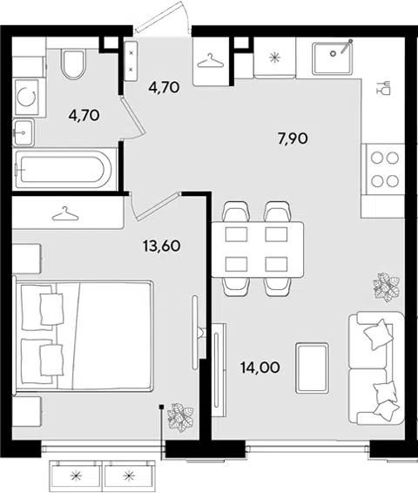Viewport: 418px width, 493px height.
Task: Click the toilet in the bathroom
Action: [x=74, y=64]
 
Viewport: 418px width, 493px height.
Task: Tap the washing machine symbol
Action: [x=27, y=97]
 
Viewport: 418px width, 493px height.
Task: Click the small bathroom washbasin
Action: [x=24, y=132]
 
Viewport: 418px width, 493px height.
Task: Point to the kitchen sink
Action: [x=332, y=58]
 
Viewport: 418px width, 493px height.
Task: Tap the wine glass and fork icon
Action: [x=383, y=87]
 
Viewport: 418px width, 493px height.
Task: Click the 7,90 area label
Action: [x=293, y=138]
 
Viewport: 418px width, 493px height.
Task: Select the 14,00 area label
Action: [x=260, y=368]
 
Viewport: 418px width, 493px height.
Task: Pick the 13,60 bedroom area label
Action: [x=162, y=246]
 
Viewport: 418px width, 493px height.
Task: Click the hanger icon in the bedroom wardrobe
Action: [x=65, y=213]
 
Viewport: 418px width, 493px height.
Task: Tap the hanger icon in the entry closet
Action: [x=211, y=60]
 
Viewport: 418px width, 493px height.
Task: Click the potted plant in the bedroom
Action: [x=180, y=417]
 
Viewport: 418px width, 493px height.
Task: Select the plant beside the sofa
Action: [x=387, y=287]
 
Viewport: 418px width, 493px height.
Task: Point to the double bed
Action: [x=84, y=336]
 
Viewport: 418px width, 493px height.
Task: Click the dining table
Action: [x=258, y=249]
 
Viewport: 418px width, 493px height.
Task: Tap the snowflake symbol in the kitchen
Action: [x=274, y=57]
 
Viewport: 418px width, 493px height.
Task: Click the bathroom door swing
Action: [x=133, y=118]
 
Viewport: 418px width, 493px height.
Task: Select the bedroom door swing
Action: [x=155, y=206]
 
